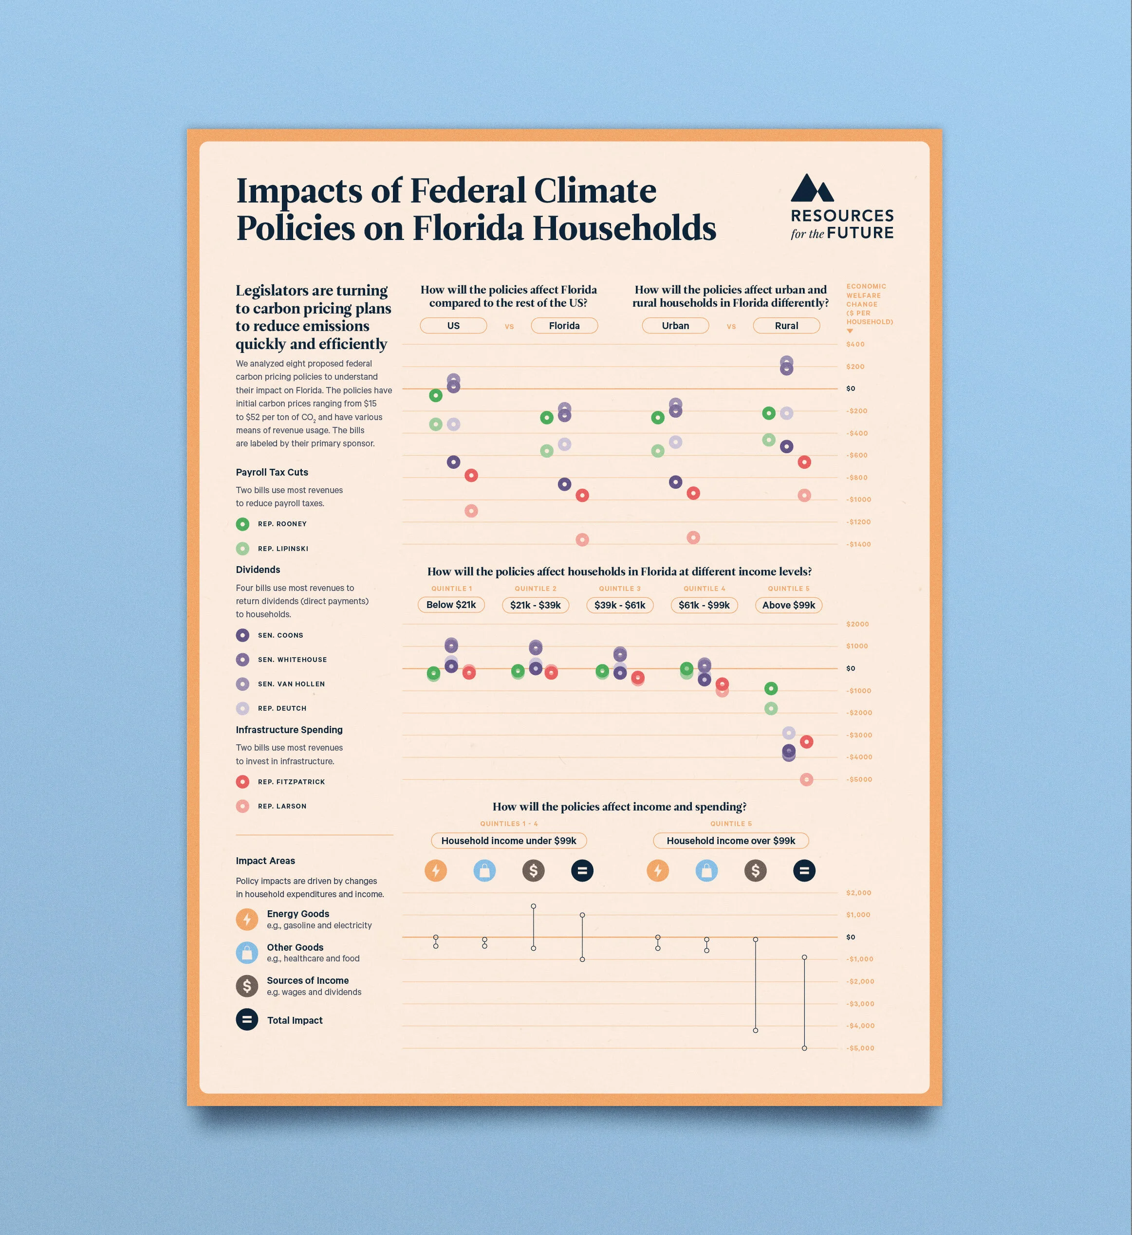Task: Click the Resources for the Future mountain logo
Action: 812,188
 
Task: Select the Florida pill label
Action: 564,326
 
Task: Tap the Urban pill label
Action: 675,326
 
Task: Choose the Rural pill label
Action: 786,326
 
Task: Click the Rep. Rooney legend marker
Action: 242,524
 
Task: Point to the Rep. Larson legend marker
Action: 242,806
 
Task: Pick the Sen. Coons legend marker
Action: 242,635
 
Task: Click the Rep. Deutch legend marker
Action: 242,708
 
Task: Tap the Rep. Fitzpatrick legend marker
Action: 242,782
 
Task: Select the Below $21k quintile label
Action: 451,605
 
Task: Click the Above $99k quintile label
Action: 788,605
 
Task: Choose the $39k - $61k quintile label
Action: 619,605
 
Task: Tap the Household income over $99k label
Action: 731,841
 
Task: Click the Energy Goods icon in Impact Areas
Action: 247,920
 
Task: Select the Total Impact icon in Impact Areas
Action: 247,1020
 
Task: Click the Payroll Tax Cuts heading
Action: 272,472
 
